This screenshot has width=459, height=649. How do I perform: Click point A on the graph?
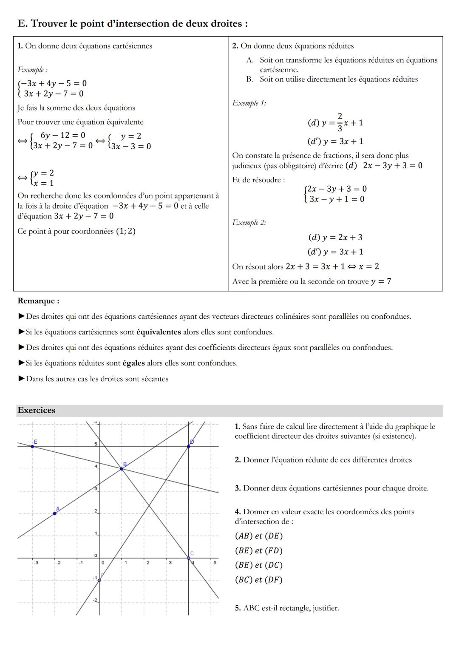tap(55, 513)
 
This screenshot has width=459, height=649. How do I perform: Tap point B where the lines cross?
tap(122, 469)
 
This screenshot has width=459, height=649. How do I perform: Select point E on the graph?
tap(33, 446)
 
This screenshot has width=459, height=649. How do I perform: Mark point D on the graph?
tap(189, 446)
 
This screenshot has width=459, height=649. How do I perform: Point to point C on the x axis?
tap(189, 558)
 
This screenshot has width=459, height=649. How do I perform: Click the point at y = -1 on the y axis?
tap(99, 580)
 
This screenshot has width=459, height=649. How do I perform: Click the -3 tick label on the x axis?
tap(36, 563)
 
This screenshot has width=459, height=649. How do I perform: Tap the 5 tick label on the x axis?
tap(215, 563)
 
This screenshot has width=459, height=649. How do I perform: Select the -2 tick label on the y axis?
tap(95, 600)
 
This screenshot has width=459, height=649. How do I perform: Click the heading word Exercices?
tap(37, 410)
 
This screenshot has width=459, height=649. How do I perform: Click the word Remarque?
tap(38, 301)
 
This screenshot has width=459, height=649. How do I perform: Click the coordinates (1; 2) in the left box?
tap(125, 231)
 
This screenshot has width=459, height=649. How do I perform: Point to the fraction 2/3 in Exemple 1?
tap(340, 122)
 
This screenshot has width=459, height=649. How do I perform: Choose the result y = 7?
tap(381, 281)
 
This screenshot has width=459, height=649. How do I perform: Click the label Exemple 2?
tap(249, 223)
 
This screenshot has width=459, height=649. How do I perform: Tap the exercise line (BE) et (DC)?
tap(258, 565)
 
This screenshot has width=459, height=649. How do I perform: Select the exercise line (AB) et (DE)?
tap(258, 536)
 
